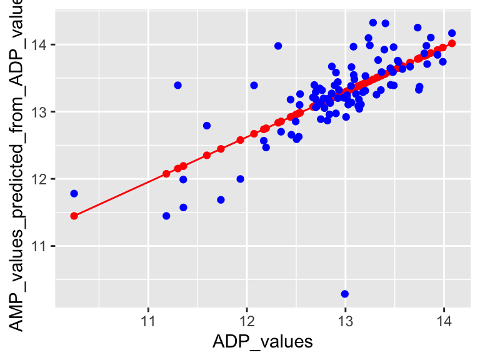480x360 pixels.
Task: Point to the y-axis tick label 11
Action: coord(42,246)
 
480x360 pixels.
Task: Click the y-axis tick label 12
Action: coord(42,179)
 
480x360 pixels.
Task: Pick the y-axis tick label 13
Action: coord(42,112)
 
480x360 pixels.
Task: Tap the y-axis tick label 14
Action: coord(42,45)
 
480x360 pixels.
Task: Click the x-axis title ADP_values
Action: coord(262,342)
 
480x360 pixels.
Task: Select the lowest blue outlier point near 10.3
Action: coord(344,294)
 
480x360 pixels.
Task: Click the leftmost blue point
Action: coord(74,194)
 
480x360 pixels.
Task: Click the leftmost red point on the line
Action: coord(74,216)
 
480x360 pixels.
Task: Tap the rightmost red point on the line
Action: coord(452,43)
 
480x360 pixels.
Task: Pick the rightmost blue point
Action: coord(452,33)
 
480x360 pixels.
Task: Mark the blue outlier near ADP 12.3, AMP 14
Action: coord(278,46)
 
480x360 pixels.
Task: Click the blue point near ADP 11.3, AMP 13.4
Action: coord(177,85)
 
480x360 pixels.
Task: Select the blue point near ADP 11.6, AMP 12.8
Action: coord(207,126)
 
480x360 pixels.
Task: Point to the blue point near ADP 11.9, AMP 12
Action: coord(240,179)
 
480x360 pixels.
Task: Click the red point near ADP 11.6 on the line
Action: coord(207,155)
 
